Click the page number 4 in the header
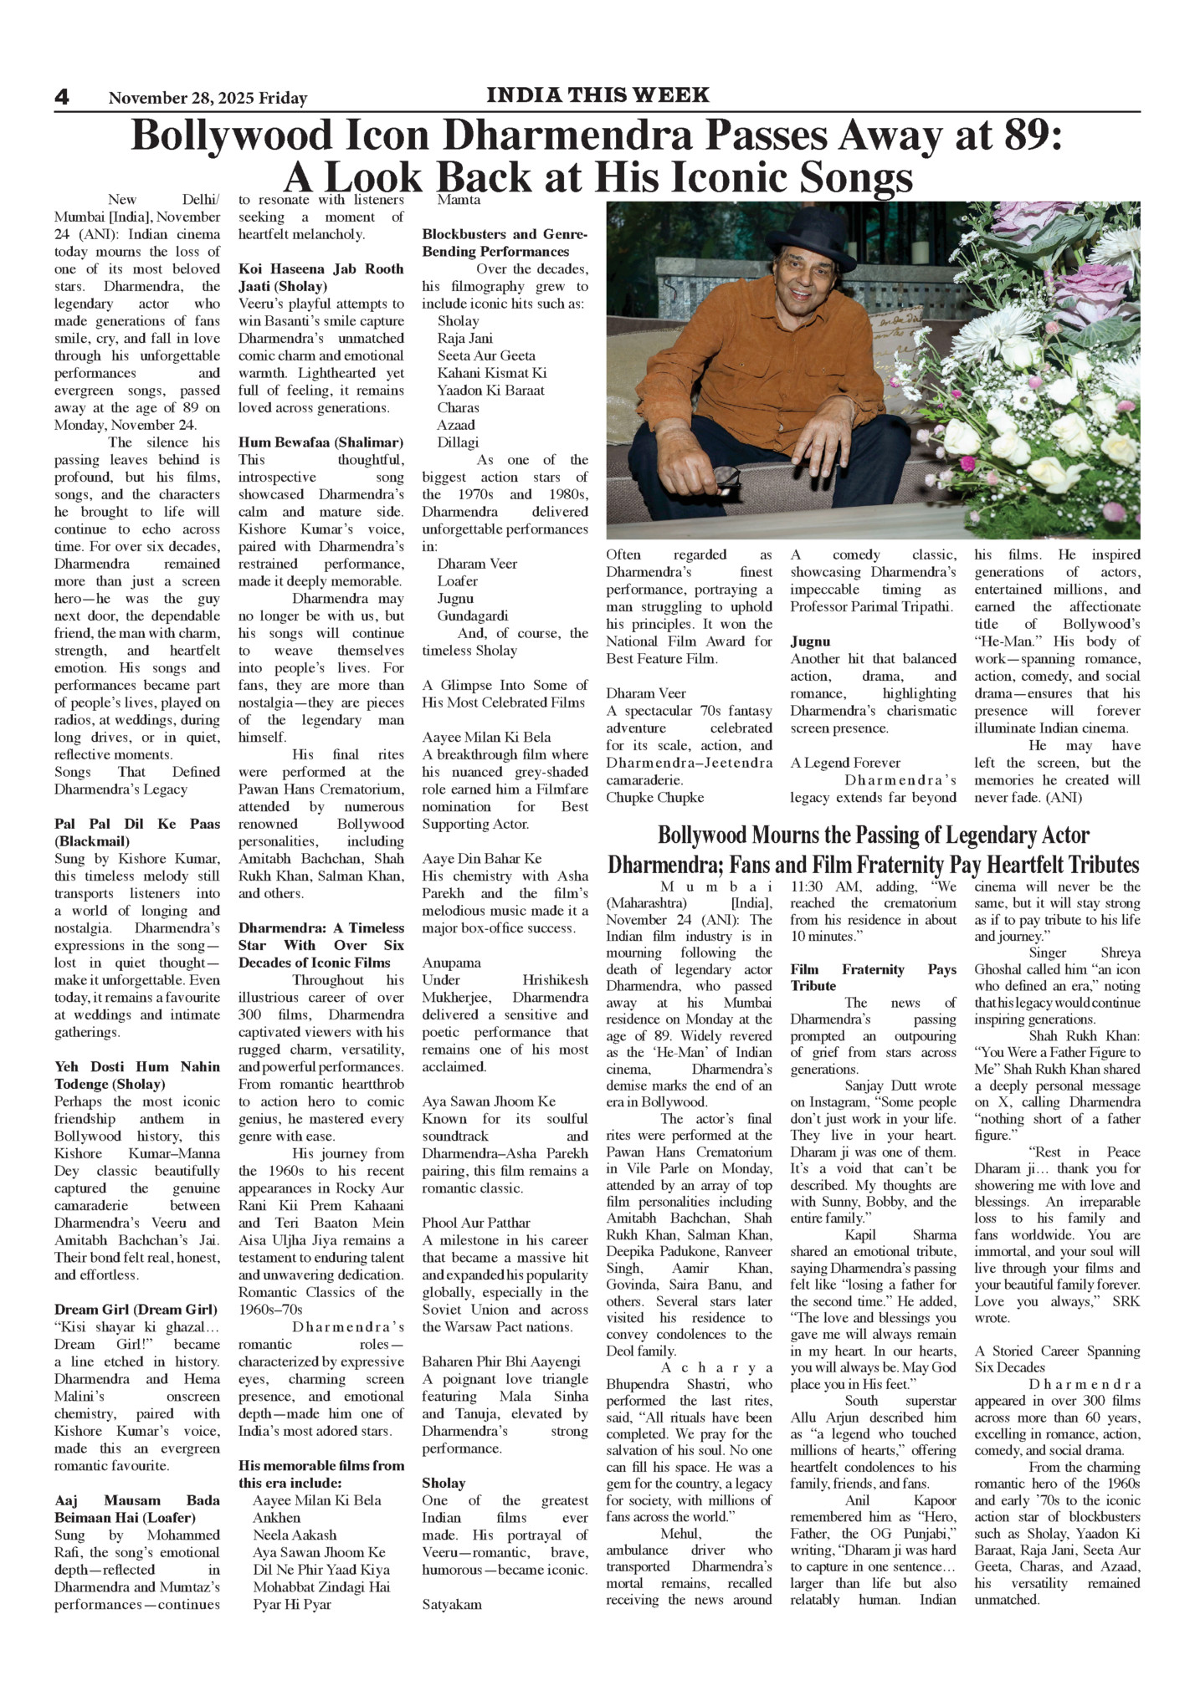coord(62,97)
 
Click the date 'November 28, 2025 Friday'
coord(208,99)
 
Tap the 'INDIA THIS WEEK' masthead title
coord(597,95)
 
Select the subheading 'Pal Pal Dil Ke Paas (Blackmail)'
coord(137,832)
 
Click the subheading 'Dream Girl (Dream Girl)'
coord(136,1310)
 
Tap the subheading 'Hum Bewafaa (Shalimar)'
coord(321,442)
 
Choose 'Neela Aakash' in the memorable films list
coord(295,1535)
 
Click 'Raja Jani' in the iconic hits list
coord(465,338)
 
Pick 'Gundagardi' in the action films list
coord(473,616)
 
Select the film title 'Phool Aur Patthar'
coord(476,1223)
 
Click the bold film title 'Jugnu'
coord(810,641)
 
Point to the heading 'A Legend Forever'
coord(845,763)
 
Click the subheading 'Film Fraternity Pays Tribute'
coord(873,978)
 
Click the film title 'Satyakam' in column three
coord(452,1604)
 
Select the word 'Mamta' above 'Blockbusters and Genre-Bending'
coord(459,200)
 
